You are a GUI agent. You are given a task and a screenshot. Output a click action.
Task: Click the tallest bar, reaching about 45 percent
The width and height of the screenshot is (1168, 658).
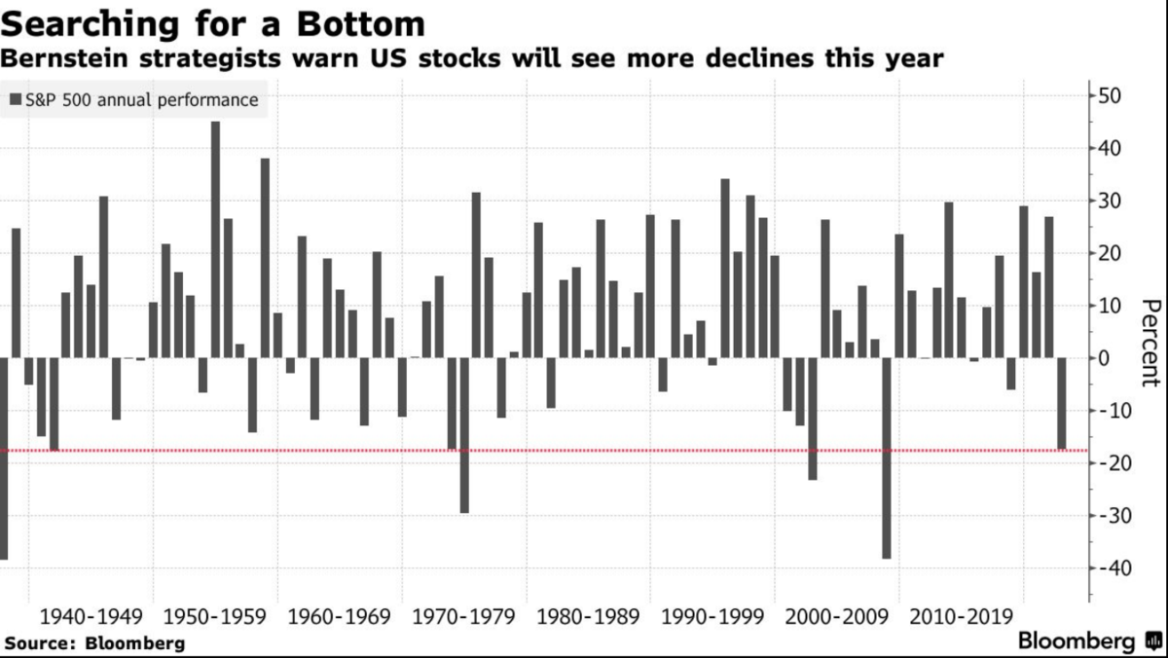point(215,239)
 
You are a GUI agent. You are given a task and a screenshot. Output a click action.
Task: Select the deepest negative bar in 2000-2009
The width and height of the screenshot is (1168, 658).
point(887,458)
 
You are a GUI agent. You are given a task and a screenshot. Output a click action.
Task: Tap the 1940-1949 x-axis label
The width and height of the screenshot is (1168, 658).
point(91,617)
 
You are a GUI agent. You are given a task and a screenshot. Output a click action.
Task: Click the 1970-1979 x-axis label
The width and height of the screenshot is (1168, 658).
point(463,617)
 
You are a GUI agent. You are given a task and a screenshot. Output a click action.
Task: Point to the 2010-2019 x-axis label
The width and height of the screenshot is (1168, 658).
point(961,617)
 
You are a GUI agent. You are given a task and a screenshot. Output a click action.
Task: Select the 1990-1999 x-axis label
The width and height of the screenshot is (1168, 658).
point(712,617)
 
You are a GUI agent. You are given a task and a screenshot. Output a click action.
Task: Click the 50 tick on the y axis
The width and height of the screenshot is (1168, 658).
point(1110,96)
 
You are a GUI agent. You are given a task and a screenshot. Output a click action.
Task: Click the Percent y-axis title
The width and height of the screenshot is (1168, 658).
point(1151,343)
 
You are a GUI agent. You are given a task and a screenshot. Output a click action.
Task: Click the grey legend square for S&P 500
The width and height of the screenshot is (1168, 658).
point(16,99)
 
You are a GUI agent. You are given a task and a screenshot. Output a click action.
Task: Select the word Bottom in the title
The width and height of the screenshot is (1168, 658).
point(361,24)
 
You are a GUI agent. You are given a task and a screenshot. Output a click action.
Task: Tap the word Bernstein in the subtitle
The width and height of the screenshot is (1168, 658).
point(64,58)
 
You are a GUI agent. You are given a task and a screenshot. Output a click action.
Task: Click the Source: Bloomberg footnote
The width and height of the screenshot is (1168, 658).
point(92,643)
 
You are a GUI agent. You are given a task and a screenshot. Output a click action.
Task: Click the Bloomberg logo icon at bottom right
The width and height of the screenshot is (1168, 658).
point(1153,640)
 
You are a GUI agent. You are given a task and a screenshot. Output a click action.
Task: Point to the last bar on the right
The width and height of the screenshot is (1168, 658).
point(1062,404)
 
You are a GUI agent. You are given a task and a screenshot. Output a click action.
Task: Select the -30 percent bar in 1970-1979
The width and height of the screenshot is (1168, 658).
point(464,435)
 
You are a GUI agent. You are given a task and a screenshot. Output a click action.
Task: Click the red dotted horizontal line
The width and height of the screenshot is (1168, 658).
point(544,451)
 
